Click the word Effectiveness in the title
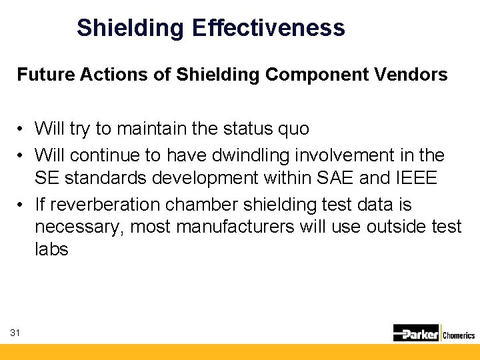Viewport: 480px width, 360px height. click(268, 28)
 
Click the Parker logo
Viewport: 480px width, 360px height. click(415, 333)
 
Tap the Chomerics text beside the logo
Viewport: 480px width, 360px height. click(459, 335)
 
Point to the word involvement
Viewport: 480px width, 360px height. click(355, 155)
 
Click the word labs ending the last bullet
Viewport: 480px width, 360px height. click(51, 250)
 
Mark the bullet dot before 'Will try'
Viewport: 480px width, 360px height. click(22, 128)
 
